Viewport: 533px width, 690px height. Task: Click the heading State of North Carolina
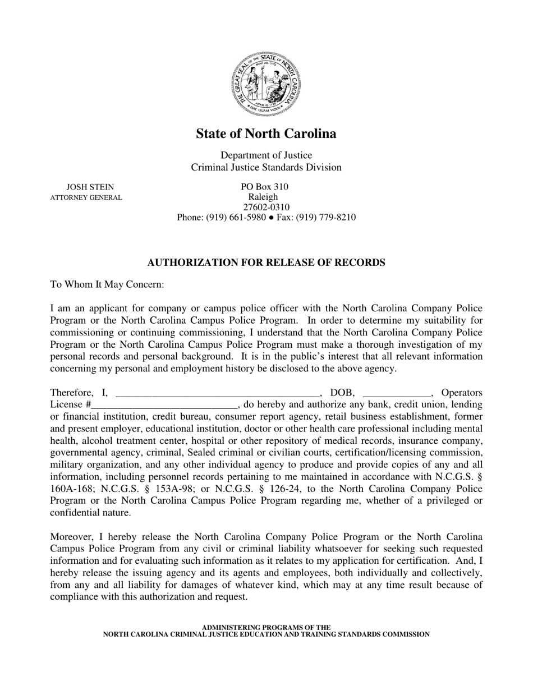pos(266,134)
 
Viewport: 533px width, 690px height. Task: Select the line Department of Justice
pos(266,155)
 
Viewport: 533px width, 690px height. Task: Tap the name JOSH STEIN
pos(90,187)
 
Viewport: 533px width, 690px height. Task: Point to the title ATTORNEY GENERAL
pos(86,197)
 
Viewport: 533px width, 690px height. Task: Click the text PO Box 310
pos(265,187)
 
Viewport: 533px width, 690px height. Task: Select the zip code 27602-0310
pos(266,208)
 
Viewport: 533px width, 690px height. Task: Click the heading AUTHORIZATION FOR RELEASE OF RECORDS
pos(266,263)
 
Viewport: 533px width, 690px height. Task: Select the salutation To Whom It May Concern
pos(107,284)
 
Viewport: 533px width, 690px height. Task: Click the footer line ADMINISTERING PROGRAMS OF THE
pos(266,627)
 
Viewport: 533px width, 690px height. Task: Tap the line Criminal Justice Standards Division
pos(266,167)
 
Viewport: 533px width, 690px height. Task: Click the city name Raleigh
pos(263,197)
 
